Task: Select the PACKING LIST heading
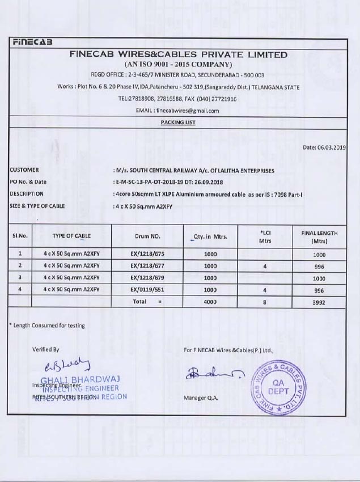tap(178, 122)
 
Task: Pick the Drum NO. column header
tap(149, 236)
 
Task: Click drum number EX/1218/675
tap(149, 255)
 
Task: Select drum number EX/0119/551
tap(149, 290)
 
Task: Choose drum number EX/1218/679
tap(149, 278)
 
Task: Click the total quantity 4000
tap(210, 302)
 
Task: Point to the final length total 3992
tap(319, 303)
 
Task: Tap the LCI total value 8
tap(264, 302)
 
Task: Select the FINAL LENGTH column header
tap(319, 237)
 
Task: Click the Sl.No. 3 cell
tap(20, 278)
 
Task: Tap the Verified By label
tap(45, 350)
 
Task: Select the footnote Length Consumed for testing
tap(48, 325)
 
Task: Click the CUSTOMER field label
tap(25, 170)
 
